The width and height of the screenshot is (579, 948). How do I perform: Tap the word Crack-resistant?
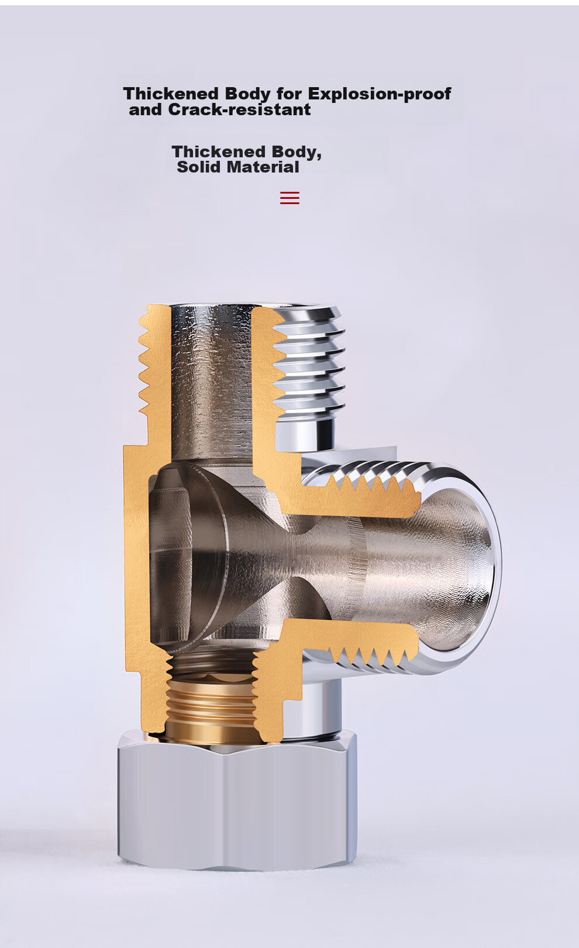point(239,109)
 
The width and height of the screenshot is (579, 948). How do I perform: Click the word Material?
point(263,167)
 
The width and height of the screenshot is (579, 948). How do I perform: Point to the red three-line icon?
point(289,198)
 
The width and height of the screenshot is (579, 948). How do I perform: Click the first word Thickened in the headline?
point(171,94)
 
